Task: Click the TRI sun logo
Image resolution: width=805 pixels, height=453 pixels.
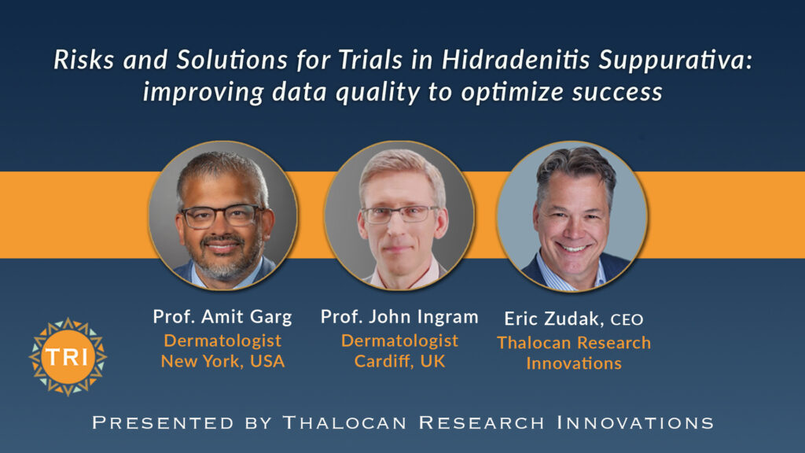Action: [x=68, y=357]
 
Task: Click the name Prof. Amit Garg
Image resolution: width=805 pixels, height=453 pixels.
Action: [x=222, y=316]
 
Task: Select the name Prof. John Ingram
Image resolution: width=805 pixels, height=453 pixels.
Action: [x=399, y=316]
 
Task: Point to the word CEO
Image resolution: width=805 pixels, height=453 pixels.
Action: [x=627, y=320]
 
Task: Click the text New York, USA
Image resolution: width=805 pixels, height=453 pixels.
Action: [x=222, y=361]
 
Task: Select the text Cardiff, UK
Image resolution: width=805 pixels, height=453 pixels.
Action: [x=399, y=361]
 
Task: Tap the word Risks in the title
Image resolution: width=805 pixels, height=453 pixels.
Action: [x=83, y=60]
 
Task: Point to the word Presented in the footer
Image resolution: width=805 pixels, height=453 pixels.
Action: [x=163, y=422]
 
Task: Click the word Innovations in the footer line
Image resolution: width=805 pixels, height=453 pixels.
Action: [x=635, y=422]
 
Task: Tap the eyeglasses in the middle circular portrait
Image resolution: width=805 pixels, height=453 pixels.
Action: [x=399, y=214]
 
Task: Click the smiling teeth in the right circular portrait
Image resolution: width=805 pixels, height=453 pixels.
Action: [x=572, y=248]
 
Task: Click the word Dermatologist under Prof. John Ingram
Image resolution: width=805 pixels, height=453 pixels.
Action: [x=399, y=340]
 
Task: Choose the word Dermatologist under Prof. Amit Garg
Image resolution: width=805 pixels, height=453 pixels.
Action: [x=222, y=340]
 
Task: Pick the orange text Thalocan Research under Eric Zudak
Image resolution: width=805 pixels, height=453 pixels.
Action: [x=573, y=343]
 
